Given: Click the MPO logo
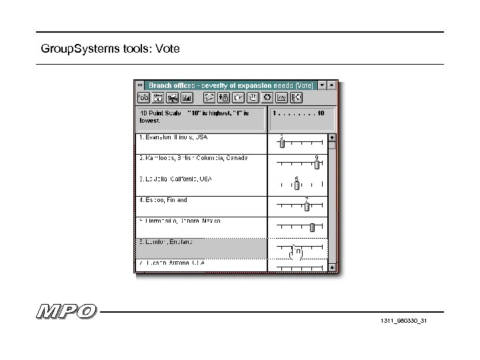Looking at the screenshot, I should pos(66,311).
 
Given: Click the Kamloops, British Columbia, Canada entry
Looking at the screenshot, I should pos(193,158).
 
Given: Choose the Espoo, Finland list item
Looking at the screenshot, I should pos(163,199).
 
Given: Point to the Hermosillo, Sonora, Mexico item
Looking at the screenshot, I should pos(180,220).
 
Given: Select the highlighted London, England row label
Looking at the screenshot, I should pos(167,241).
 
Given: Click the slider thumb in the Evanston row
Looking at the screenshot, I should pos(281,143).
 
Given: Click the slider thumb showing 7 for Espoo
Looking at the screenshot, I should pos(307,206).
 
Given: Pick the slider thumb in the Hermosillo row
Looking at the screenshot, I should pos(312,227).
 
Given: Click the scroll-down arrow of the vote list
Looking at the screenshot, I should pos(333,267).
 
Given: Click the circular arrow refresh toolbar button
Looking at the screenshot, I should pos(267,97).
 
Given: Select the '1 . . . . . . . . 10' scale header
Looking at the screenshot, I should pos(298,113).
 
